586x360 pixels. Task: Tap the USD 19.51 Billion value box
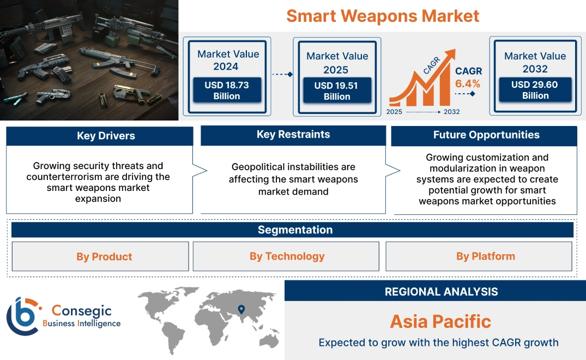point(337,91)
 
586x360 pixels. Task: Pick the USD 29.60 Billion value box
point(535,90)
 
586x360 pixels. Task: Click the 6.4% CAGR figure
point(468,83)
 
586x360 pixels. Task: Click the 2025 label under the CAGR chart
point(395,112)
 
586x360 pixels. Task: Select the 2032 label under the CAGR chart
point(451,112)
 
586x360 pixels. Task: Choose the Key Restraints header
point(293,135)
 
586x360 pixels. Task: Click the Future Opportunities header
point(486,135)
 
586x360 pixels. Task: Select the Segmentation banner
point(295,230)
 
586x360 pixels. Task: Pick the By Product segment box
point(104,256)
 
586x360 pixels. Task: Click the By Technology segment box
point(287,256)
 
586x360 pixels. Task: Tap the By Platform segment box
point(485,256)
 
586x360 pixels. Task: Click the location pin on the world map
point(240,310)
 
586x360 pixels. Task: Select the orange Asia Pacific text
point(440,321)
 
